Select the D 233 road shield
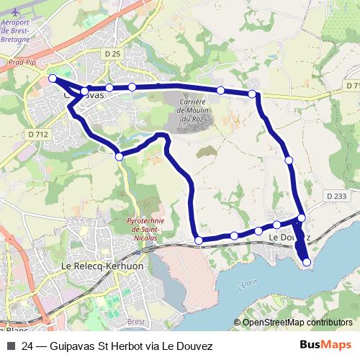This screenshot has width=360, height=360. (x=336, y=195)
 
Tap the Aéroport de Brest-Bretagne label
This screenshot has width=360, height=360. (x=15, y=31)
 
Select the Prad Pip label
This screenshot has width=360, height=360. (x=22, y=63)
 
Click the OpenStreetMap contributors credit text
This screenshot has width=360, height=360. (x=296, y=322)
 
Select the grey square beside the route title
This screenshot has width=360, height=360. (x=10, y=346)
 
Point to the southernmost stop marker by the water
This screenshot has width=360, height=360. (x=307, y=262)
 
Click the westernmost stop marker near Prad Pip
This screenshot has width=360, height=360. (x=53, y=78)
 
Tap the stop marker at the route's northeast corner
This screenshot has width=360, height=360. (x=252, y=94)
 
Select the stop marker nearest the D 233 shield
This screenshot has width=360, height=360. (x=302, y=217)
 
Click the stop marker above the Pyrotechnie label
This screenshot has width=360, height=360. (x=119, y=156)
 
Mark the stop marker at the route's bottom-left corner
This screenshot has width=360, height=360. (x=199, y=240)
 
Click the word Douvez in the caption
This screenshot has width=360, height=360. (x=195, y=346)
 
